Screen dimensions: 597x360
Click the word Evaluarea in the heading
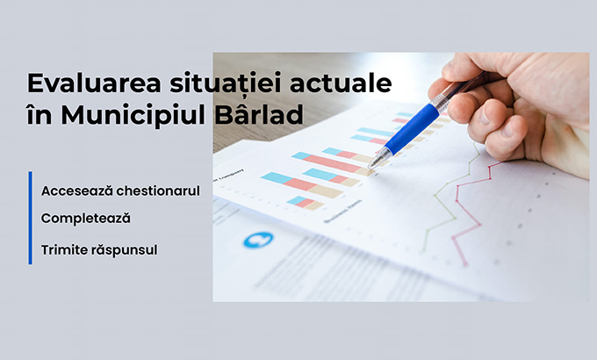pos(94,83)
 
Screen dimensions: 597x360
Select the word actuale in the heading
pos(341,83)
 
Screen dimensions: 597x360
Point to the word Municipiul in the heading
pos(133,115)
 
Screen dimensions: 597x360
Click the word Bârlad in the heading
pos(259,113)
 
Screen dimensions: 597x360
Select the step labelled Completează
pos(86,219)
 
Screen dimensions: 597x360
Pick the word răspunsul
pos(124,250)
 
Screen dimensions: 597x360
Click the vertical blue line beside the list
pos(31,218)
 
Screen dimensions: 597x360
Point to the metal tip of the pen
pos(372,164)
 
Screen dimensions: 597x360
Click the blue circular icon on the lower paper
pos(258,240)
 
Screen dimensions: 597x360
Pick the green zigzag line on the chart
pos(450,198)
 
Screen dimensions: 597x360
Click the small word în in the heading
pos(40,115)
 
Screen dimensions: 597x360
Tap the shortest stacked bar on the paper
pos(305,203)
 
